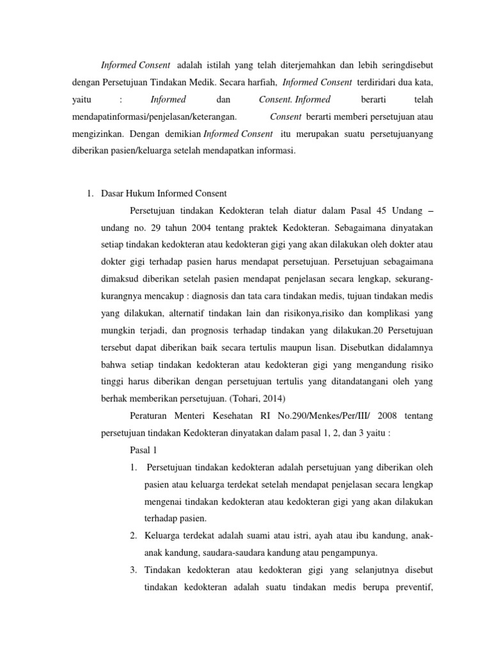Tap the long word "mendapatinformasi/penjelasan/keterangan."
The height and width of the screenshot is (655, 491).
tap(153, 117)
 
